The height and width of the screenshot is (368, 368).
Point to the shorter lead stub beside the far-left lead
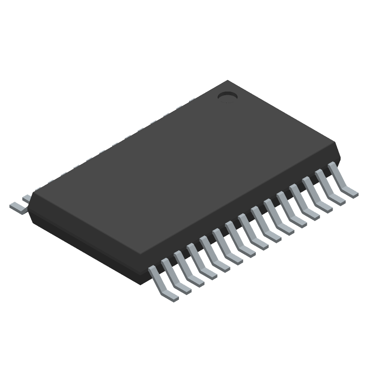(x=27, y=199)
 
